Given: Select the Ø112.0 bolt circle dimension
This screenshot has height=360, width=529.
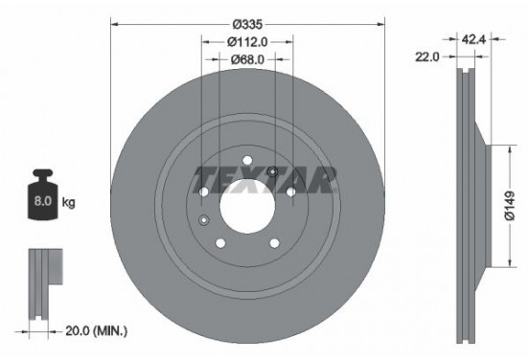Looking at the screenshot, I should pyautogui.click(x=247, y=41).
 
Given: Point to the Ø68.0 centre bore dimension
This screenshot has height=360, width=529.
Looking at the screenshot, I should pyautogui.click(x=247, y=59).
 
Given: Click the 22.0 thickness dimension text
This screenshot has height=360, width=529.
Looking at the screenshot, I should pyautogui.click(x=427, y=57).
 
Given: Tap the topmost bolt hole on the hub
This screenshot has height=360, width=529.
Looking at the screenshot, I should pyautogui.click(x=247, y=160).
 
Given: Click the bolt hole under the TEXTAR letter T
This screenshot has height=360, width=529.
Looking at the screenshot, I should pyautogui.click(x=204, y=192).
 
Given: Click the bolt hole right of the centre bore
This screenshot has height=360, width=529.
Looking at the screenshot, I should pyautogui.click(x=290, y=192).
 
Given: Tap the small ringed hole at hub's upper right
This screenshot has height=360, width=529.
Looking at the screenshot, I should pyautogui.click(x=273, y=172).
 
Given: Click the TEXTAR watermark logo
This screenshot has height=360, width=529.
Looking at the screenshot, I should pyautogui.click(x=265, y=178).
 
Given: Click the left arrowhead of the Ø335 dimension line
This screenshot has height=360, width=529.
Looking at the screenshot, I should pyautogui.click(x=115, y=21).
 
